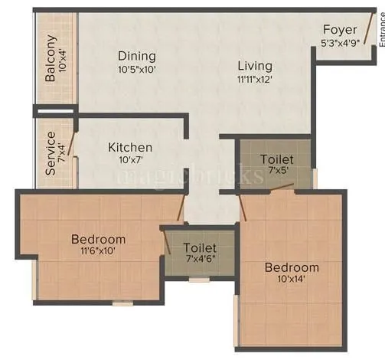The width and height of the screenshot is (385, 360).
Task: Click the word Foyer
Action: pos(340,30)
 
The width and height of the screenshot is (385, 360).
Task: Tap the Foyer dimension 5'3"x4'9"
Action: pos(340,43)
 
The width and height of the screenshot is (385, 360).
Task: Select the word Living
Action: pos(254,65)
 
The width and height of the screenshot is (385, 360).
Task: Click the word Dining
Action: pos(136,56)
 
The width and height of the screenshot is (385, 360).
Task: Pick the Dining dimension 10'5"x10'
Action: pos(136,70)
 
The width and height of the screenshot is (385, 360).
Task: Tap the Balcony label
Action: pos(51,58)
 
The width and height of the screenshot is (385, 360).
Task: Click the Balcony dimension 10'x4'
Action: pos(64,59)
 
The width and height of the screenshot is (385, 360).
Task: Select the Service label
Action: pos(51,154)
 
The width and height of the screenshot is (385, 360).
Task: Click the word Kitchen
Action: pos(129,147)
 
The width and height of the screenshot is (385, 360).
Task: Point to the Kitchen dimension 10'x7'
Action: pos(129,160)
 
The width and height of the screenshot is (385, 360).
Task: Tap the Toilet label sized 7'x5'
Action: pos(275,159)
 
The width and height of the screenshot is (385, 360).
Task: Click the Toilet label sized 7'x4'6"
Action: pos(200,248)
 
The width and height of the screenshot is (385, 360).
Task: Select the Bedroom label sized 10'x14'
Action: pos(292,267)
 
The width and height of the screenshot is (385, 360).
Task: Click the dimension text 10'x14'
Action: pos(292,280)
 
